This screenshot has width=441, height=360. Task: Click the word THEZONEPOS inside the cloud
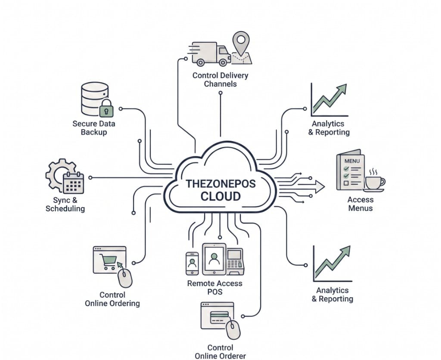220,183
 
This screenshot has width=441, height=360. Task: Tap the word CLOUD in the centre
220,196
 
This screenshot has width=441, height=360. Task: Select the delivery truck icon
210,54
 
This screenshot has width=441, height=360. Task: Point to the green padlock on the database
107,108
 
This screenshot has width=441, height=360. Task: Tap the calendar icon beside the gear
73,183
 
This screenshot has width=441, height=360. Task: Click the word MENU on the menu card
352,161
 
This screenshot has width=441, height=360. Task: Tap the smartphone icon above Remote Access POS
192,264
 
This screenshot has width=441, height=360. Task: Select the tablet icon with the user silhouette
214,259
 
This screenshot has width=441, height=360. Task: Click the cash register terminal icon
235,261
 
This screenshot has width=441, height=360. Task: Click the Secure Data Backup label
93,128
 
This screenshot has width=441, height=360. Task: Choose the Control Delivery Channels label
220,80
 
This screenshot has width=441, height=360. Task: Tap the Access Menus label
360,204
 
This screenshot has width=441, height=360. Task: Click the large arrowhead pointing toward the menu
320,187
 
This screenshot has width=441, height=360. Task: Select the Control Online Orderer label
220,351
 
